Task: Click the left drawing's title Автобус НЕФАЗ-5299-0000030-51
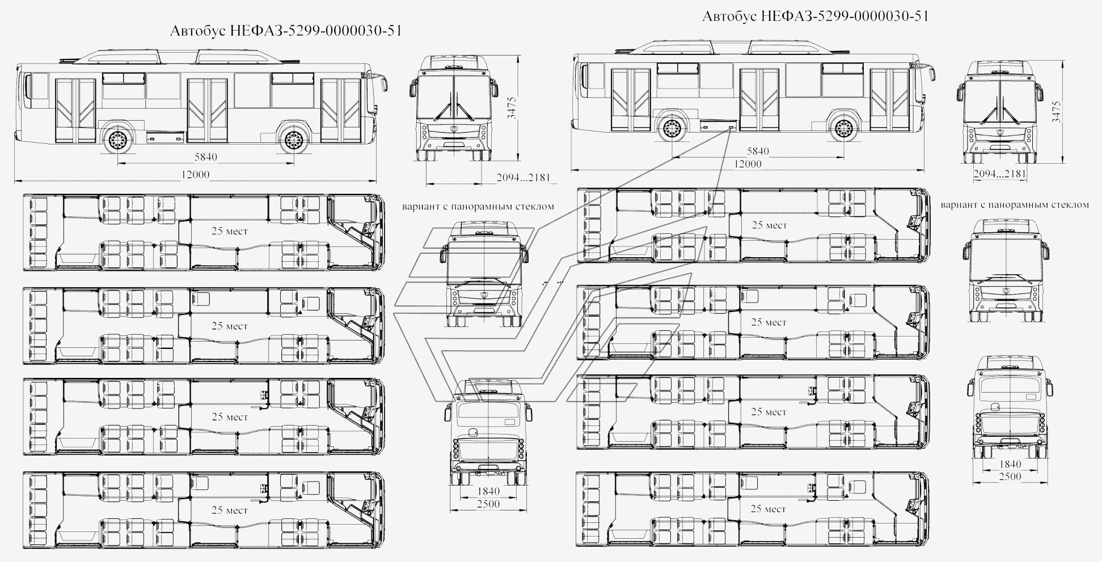pyautogui.click(x=286, y=31)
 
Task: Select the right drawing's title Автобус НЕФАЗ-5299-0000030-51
pyautogui.click(x=816, y=16)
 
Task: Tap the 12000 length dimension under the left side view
pyautogui.click(x=195, y=174)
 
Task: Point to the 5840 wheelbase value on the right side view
pyautogui.click(x=758, y=151)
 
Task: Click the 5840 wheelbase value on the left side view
pyautogui.click(x=205, y=157)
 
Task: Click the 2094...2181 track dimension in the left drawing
pyautogui.click(x=523, y=177)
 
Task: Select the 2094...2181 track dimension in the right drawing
pyautogui.click(x=999, y=174)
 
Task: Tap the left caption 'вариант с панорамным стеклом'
pyautogui.click(x=478, y=207)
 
